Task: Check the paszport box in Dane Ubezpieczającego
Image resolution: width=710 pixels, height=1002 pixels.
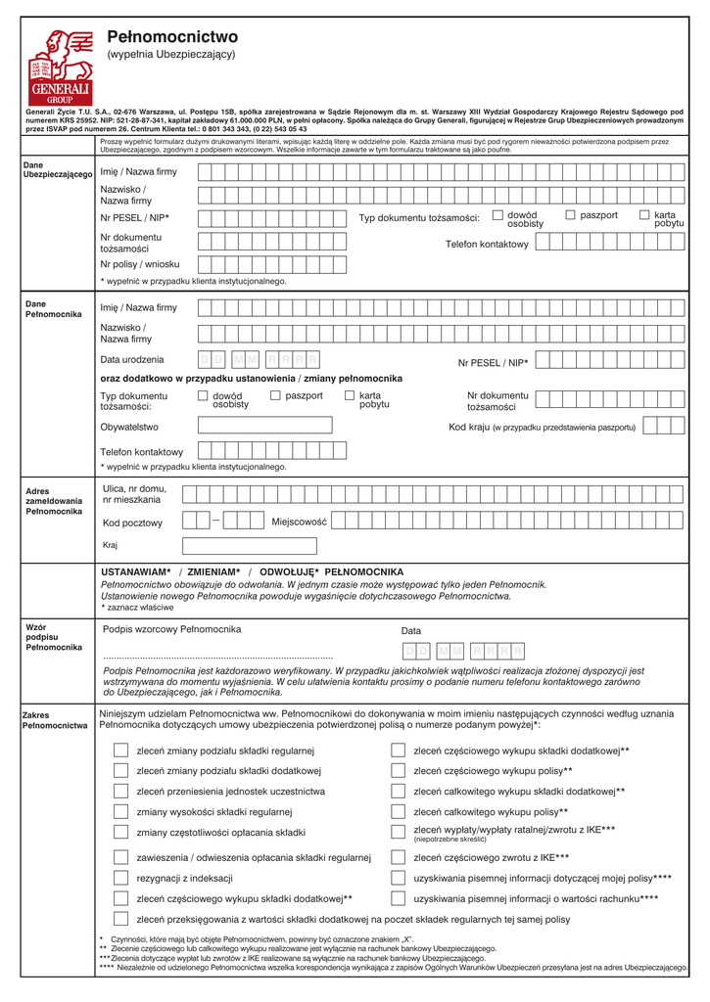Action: pos(570,214)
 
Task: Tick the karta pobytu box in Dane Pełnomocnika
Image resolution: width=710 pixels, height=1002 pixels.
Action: pos(350,395)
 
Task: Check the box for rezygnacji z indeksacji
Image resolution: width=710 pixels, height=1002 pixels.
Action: pos(120,878)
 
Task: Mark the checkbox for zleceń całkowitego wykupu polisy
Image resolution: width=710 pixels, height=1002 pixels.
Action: pos(399,811)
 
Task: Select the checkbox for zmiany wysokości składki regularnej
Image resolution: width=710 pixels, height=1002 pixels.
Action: pos(120,811)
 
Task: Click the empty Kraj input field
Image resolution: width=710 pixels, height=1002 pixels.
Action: pos(250,545)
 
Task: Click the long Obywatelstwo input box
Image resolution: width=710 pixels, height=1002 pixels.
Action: pos(277,426)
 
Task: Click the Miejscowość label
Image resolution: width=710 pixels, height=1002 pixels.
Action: pos(299,522)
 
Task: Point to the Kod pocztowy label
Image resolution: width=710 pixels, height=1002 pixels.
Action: pos(132,523)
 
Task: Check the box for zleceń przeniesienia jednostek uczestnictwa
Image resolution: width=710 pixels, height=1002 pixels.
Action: pos(120,791)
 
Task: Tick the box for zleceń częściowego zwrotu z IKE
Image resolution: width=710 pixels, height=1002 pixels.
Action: pos(399,857)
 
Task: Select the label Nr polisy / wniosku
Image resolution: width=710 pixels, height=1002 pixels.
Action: pos(140,263)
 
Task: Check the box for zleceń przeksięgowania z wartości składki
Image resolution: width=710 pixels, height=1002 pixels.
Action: pos(120,919)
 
